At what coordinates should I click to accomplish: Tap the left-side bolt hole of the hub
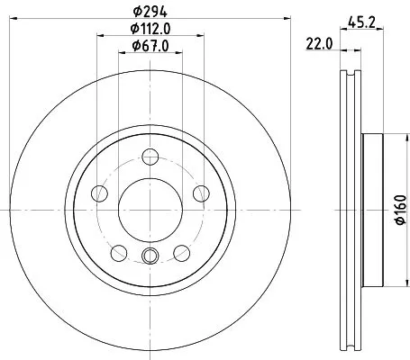coord(100,194)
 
